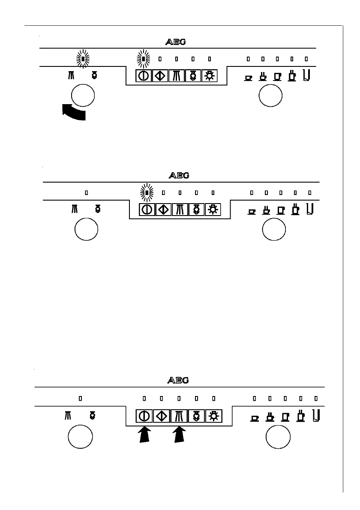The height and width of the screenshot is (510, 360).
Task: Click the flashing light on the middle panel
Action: point(147,193)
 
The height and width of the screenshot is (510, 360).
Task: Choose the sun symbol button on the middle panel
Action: point(213,210)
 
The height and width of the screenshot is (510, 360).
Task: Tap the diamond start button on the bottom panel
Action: point(161,416)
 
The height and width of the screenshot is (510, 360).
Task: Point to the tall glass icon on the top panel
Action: point(306,75)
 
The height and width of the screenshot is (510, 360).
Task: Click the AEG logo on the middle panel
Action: point(178,175)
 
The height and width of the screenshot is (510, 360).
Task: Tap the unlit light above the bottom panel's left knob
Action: point(80,398)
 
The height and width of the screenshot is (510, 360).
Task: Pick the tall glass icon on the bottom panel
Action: point(316,414)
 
